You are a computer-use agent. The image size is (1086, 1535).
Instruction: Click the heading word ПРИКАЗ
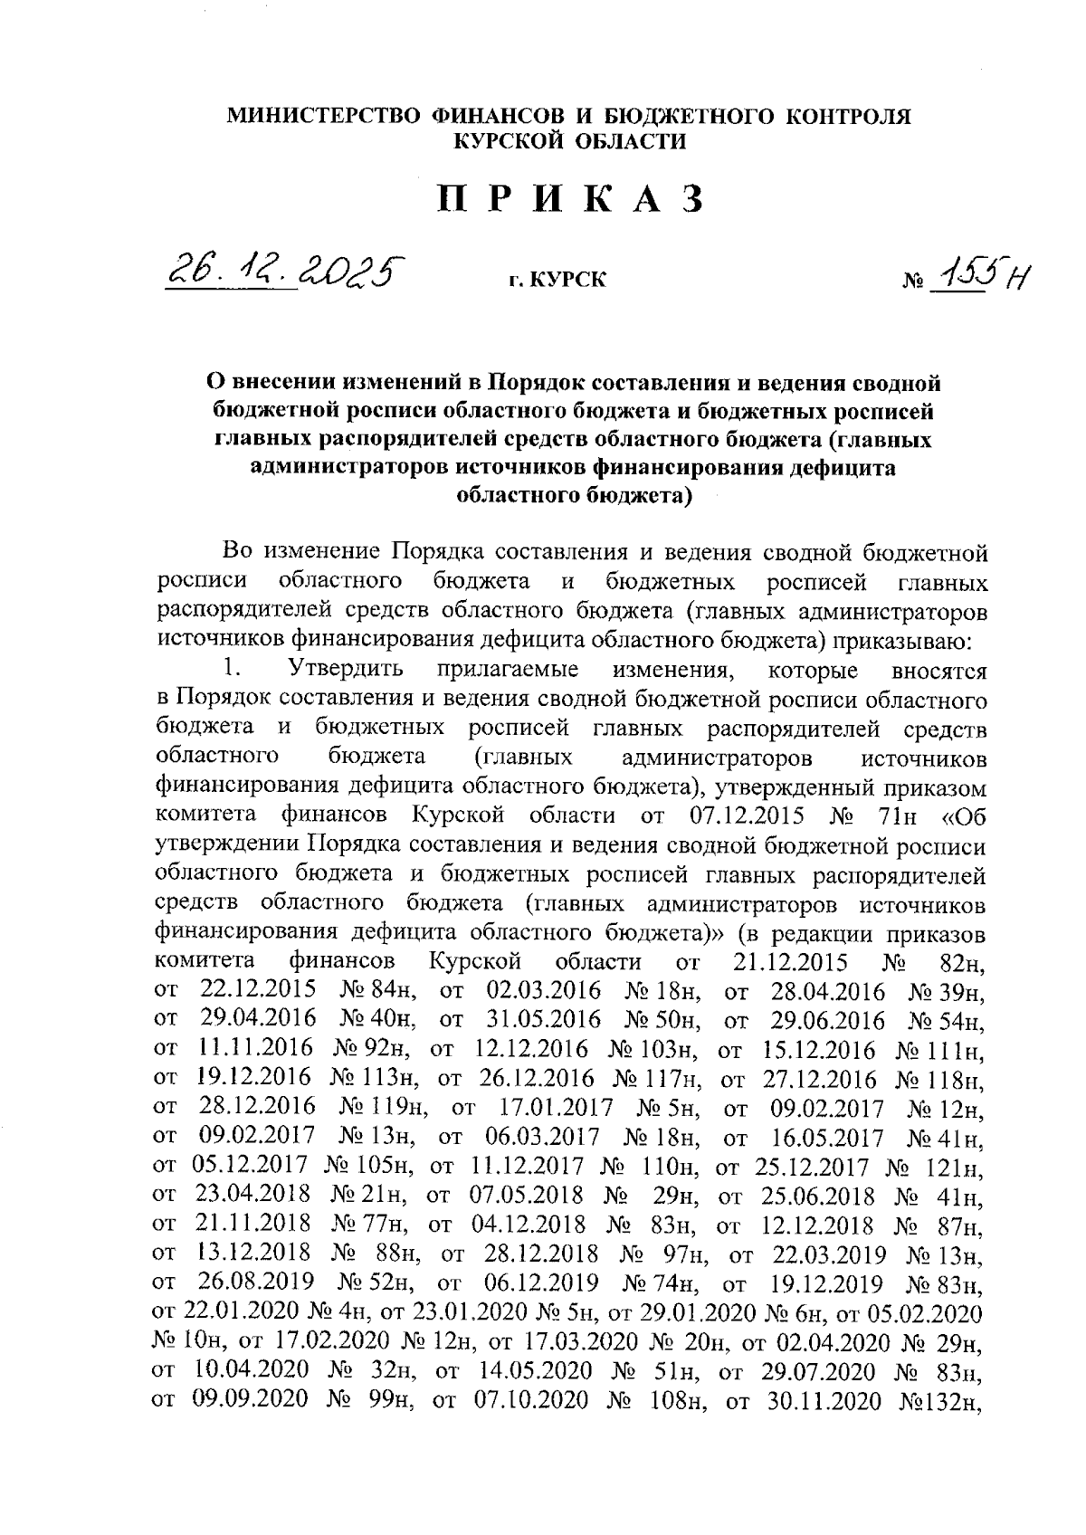tap(571, 200)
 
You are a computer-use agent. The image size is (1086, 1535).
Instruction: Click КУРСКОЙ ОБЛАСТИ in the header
tap(569, 141)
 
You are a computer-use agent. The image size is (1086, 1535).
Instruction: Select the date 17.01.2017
tap(556, 1108)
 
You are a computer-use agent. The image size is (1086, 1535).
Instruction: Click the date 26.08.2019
tap(257, 1283)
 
